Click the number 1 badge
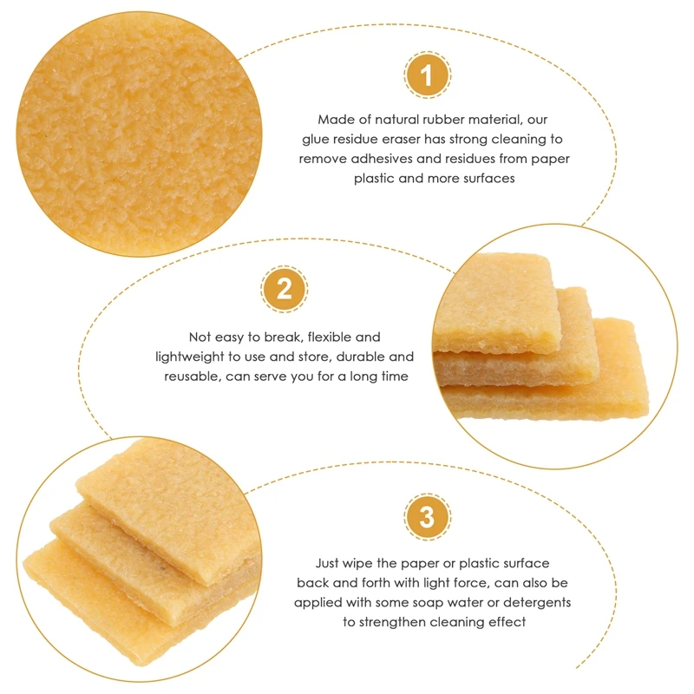(427, 75)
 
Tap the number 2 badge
(284, 289)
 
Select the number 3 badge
(427, 516)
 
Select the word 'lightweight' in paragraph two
(190, 357)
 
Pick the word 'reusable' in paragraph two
(193, 376)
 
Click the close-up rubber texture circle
(139, 134)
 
